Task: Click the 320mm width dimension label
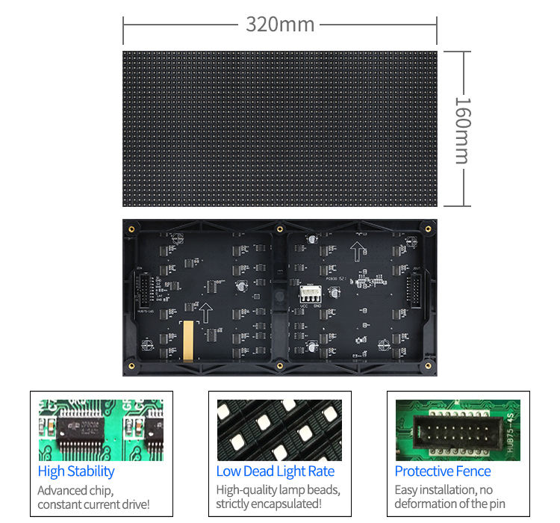click(x=280, y=24)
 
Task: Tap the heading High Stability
click(x=76, y=471)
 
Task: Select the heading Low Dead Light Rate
click(x=276, y=471)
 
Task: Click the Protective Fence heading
click(x=443, y=471)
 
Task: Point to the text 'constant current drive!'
click(x=94, y=504)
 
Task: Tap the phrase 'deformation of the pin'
click(x=450, y=504)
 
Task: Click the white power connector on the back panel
click(x=309, y=294)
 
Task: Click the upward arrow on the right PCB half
click(x=357, y=251)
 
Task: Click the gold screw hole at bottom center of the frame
click(x=280, y=365)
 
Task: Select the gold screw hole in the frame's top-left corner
click(x=132, y=229)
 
